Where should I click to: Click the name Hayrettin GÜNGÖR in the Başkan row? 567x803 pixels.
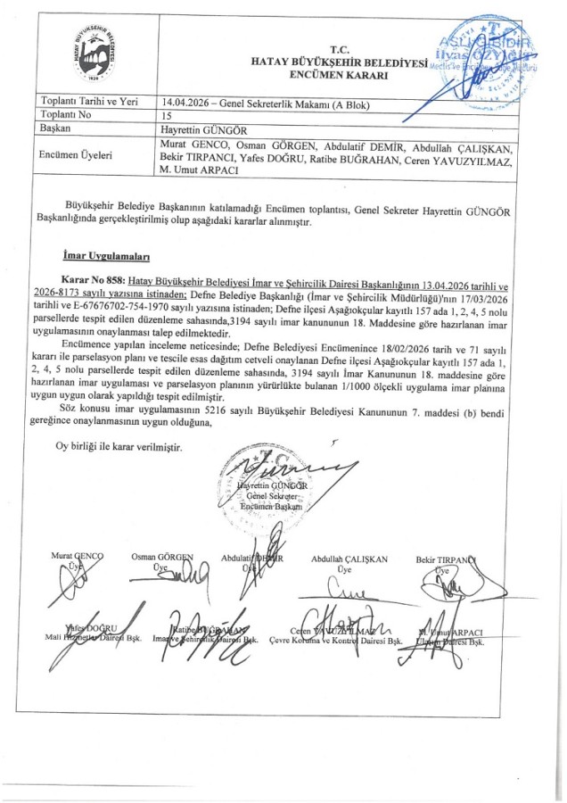(193, 128)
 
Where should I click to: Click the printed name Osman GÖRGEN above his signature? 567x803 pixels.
(161, 557)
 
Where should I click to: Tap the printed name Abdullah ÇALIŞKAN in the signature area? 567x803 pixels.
(349, 559)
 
